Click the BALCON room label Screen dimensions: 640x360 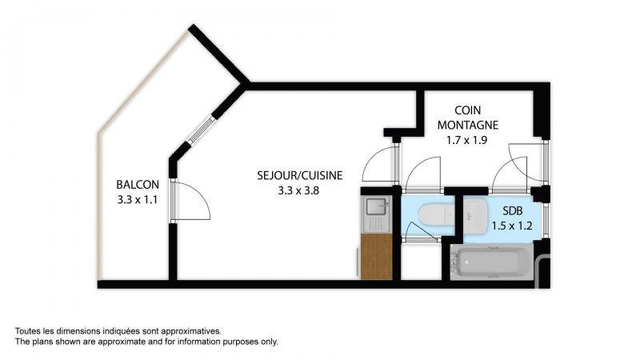[x=138, y=185]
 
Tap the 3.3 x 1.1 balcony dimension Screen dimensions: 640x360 [x=138, y=200]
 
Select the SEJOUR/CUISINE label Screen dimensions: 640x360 [x=299, y=175]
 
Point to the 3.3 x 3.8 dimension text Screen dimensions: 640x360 [x=298, y=190]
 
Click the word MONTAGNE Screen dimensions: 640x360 [x=468, y=125]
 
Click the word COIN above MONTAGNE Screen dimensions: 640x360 [x=468, y=110]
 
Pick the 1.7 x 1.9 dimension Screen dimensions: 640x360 [x=467, y=141]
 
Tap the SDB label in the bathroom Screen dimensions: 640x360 [x=512, y=211]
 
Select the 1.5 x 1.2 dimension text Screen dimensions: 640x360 [x=512, y=226]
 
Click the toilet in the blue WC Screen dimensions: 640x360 [x=436, y=214]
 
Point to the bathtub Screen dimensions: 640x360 [x=491, y=262]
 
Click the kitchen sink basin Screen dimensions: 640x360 [x=377, y=206]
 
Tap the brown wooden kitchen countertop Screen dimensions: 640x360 [x=376, y=257]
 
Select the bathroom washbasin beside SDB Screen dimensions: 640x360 [x=475, y=216]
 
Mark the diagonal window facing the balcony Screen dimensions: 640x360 [x=201, y=130]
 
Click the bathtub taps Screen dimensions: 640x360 [x=454, y=262]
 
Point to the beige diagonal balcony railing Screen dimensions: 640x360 [x=143, y=82]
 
